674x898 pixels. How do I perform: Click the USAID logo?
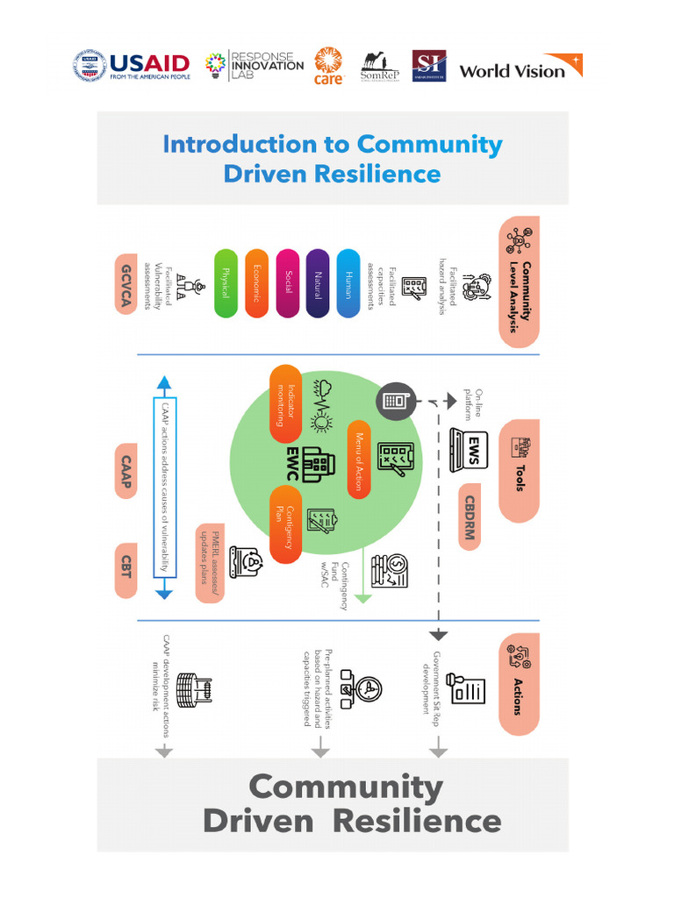click(x=132, y=67)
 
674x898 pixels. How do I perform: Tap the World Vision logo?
click(x=520, y=68)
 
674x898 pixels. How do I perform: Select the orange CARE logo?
click(x=327, y=67)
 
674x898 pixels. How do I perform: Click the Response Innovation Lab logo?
click(x=254, y=66)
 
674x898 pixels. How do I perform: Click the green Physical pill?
click(x=226, y=283)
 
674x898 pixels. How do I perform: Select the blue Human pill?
click(x=348, y=283)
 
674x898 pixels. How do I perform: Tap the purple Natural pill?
click(x=318, y=283)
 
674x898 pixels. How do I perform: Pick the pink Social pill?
click(x=288, y=283)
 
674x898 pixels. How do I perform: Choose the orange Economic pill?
click(x=256, y=283)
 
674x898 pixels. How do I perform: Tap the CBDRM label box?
click(x=470, y=517)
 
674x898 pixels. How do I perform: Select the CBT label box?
click(x=125, y=571)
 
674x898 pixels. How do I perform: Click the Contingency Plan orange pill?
click(x=285, y=524)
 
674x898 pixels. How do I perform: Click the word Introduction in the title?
click(x=238, y=144)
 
